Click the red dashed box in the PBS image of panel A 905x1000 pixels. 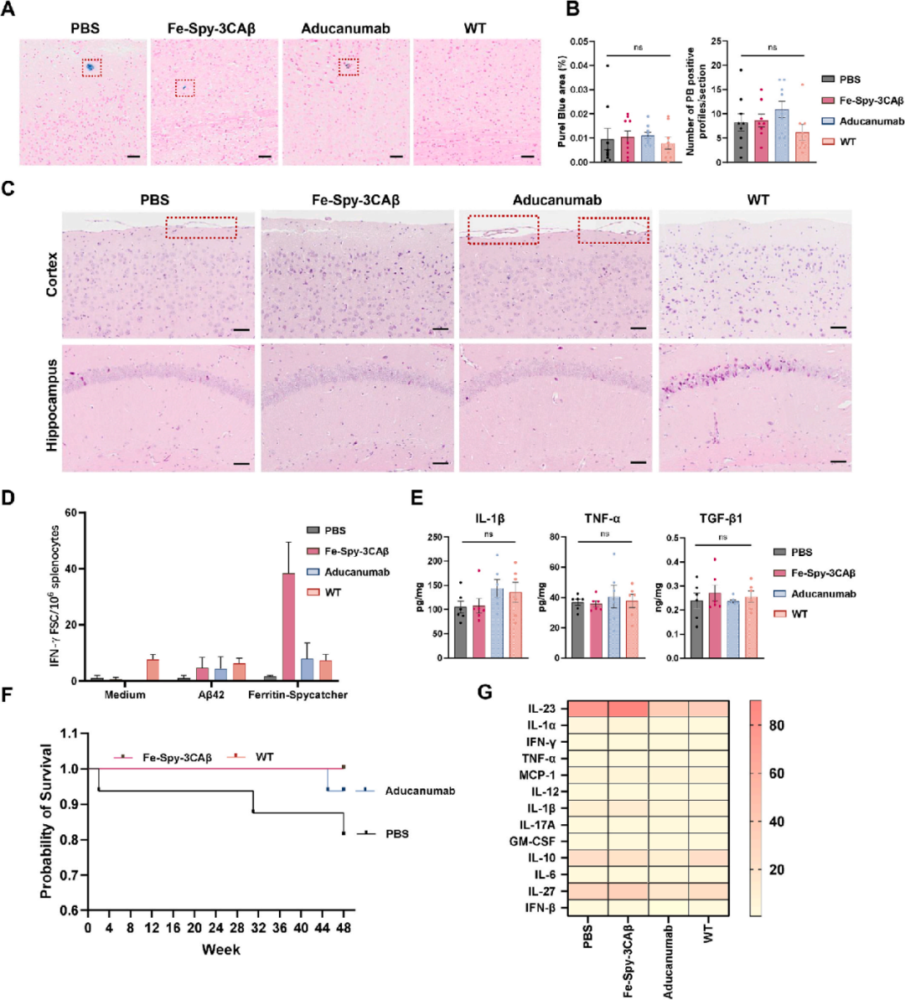91,67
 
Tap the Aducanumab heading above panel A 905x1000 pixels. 345,28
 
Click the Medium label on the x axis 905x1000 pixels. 125,694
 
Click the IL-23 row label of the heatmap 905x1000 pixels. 541,709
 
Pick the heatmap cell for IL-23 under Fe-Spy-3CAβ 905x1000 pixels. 628,709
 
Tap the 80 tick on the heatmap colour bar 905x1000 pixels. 777,725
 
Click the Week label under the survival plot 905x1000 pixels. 220,950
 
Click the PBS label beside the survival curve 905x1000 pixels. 397,834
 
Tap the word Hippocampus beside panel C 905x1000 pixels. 53,405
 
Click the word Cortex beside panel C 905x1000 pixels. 53,274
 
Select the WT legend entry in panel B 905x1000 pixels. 848,142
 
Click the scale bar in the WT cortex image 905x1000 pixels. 838,327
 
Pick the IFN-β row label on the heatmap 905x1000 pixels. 540,908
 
